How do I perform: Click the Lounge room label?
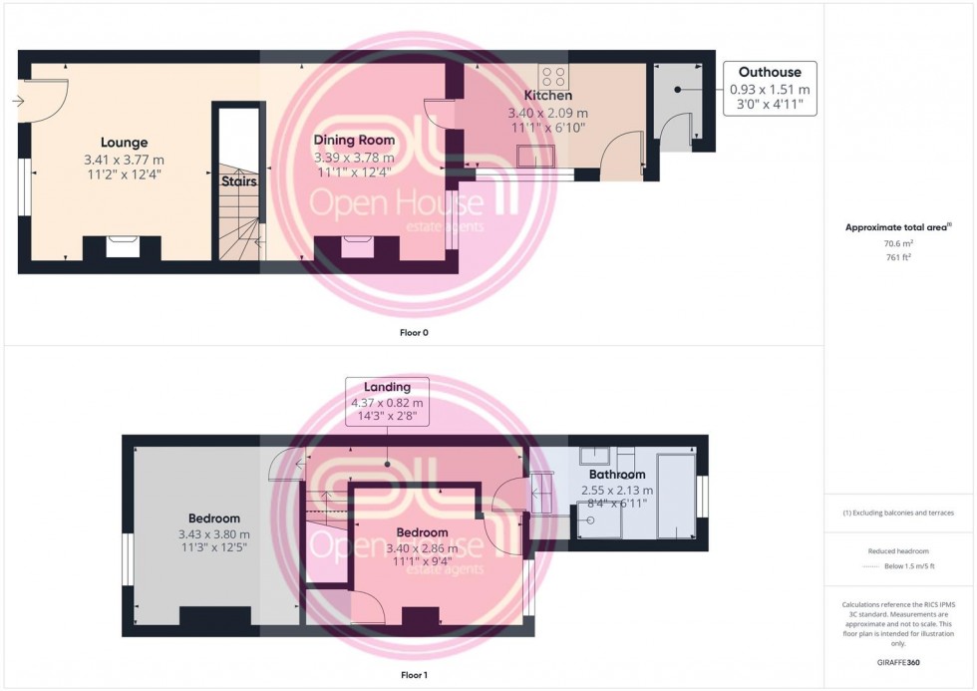coord(124,143)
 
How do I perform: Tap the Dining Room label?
coord(354,141)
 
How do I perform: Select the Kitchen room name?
coord(549,96)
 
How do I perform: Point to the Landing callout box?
coord(387,402)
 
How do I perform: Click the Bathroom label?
coord(616,475)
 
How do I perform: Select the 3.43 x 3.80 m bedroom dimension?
coord(214,534)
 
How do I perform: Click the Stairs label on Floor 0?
coord(239,182)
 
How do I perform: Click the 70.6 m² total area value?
coord(898,242)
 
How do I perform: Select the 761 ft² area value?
coord(898,256)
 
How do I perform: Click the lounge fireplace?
coord(122,246)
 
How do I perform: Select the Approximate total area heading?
coord(898,227)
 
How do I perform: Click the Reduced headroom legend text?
coord(898,550)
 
